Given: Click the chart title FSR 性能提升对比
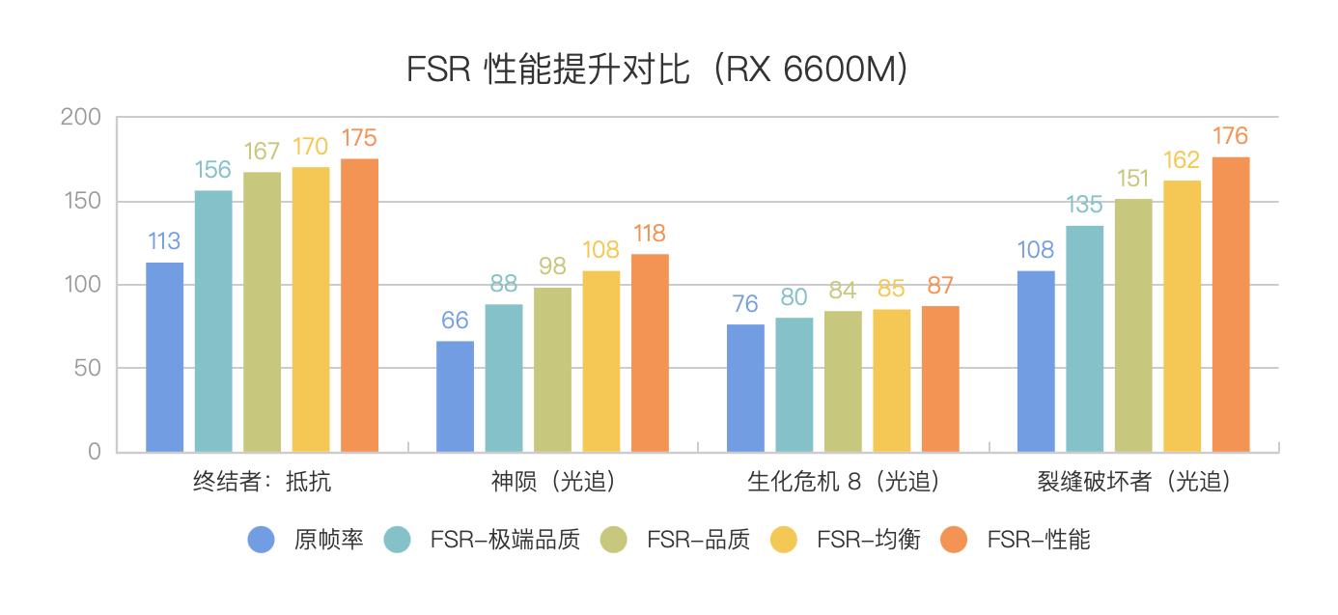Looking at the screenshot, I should tap(657, 70).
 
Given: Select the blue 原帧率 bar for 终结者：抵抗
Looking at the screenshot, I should tap(165, 357).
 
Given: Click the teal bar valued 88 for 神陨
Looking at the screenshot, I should tap(504, 377).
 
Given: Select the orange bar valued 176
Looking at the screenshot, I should tap(1231, 304).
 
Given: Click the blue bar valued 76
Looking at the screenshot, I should tap(745, 388).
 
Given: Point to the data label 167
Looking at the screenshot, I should tap(262, 152).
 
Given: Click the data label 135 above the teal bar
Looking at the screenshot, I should tap(1085, 205).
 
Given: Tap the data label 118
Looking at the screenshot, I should tap(650, 234).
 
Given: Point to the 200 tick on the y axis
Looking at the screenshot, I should tap(81, 118).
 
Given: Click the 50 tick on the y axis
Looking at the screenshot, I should tap(88, 369).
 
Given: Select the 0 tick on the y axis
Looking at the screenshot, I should tap(95, 452).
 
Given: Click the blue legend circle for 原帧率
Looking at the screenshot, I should tap(262, 540).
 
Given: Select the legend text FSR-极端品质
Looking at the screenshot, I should tap(505, 540).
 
